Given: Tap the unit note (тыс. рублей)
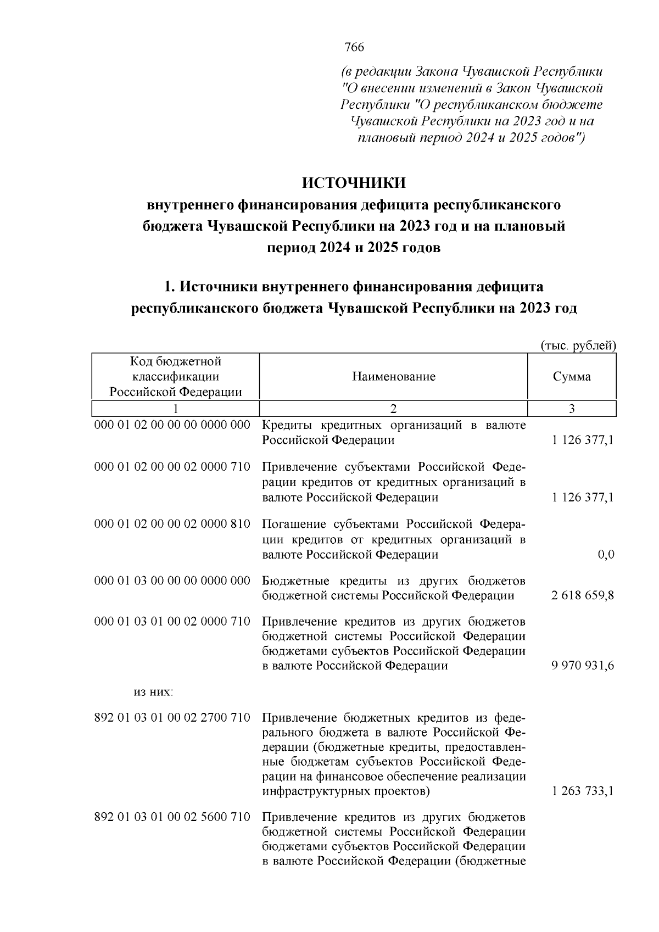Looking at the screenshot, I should coord(578,345).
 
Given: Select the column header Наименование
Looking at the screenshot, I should coord(393,377).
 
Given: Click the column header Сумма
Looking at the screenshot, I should coord(572,377).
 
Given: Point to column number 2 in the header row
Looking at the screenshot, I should coord(393,409).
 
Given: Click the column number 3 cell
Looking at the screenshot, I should coord(572,409).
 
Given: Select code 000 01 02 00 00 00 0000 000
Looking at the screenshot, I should coord(172,425).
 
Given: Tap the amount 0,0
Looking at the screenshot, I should coord(606,555).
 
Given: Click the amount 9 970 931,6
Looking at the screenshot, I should coord(582,666).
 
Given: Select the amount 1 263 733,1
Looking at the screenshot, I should coord(582,791).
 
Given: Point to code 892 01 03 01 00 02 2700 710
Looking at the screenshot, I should coord(172,718).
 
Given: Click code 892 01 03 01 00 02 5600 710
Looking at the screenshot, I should coord(172,816).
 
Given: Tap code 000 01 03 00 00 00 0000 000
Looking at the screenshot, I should coord(172,581).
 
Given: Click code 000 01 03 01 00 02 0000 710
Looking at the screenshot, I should coord(172,622).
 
